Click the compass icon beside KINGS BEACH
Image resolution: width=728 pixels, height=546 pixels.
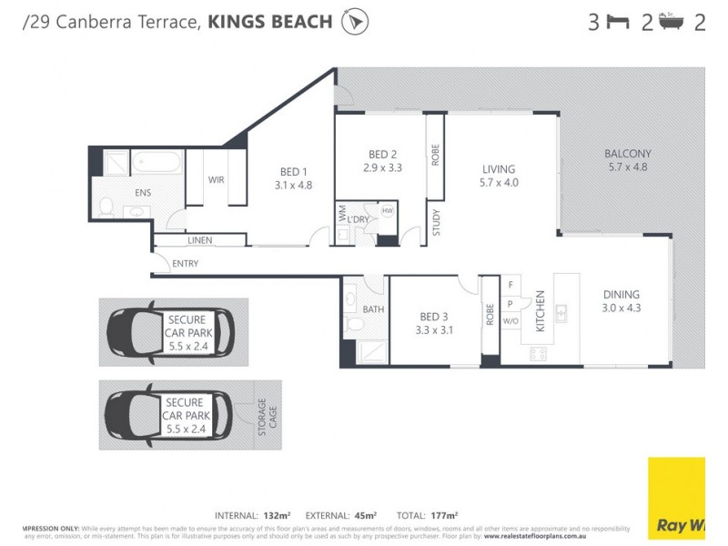(x=355, y=22)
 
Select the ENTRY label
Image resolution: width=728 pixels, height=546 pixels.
(x=185, y=264)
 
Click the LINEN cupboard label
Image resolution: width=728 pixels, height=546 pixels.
(x=199, y=240)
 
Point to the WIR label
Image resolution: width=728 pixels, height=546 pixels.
(x=216, y=180)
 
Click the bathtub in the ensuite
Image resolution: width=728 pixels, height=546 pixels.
(x=158, y=164)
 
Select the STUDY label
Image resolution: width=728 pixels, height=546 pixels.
(x=436, y=224)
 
